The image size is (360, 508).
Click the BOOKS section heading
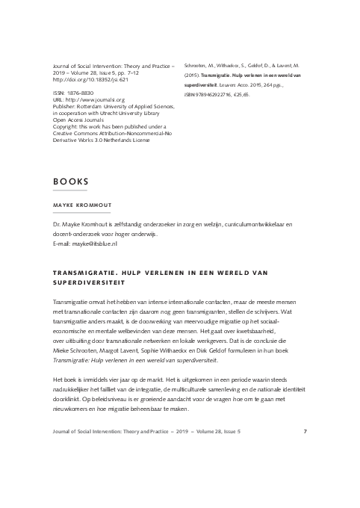click(x=71, y=182)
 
